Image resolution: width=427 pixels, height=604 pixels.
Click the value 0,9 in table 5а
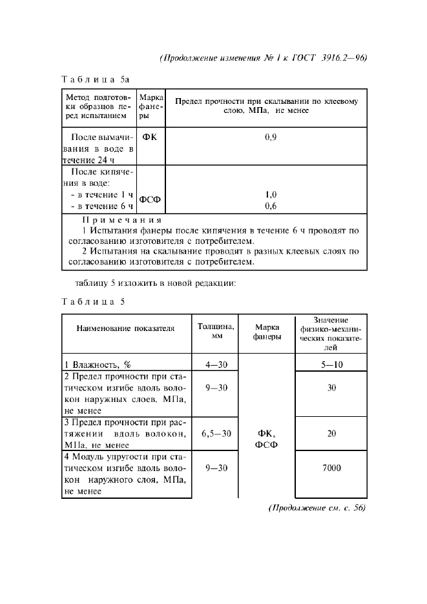271,137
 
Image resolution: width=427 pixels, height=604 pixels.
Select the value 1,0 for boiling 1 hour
271,194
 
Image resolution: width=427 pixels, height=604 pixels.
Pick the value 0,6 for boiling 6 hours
271,206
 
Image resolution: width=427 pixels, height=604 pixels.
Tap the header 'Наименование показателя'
126,328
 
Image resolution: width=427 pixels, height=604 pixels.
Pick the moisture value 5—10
331,365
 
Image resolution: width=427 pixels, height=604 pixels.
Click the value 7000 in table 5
331,468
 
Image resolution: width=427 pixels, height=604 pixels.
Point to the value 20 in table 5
331,434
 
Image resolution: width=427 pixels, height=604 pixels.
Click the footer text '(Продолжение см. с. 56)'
317,508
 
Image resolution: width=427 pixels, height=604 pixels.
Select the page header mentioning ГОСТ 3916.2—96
263,57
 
